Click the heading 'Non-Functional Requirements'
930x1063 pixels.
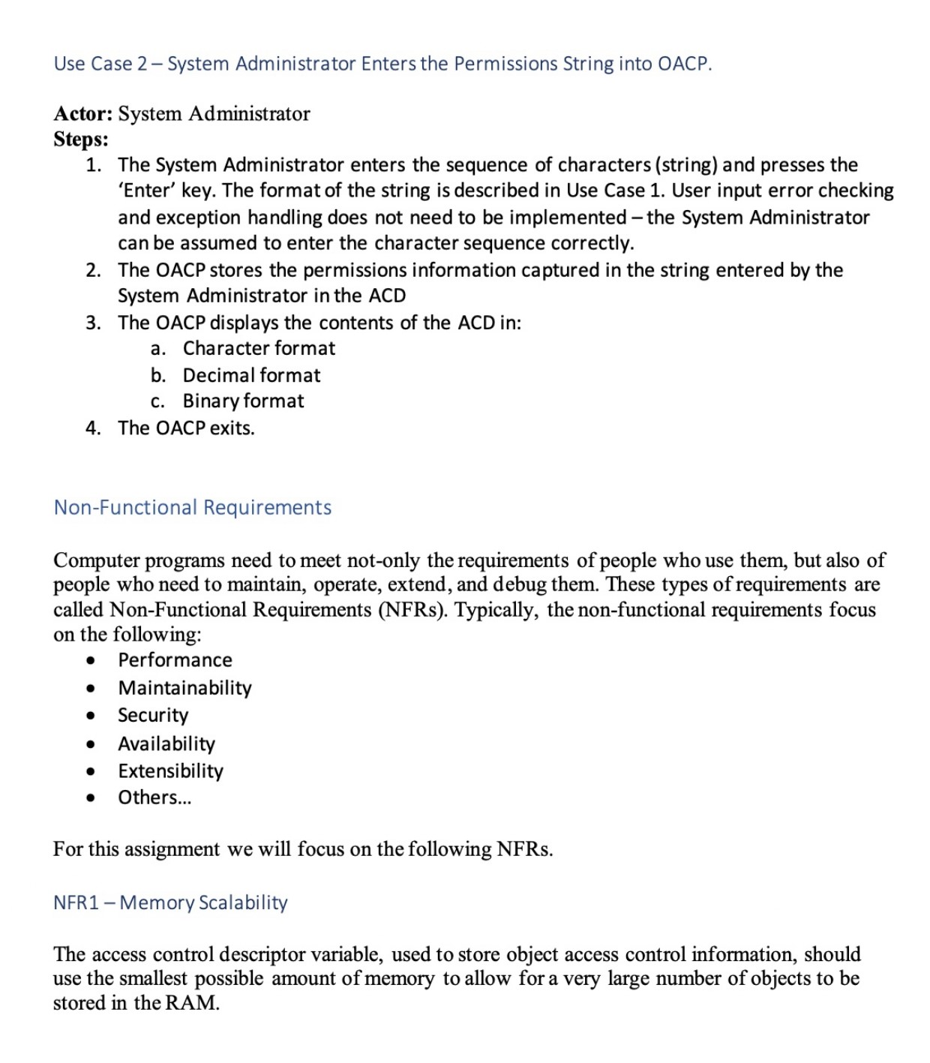point(192,508)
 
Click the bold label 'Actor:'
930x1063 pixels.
point(83,114)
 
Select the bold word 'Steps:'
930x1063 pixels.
point(81,140)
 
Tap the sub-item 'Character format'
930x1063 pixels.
point(259,349)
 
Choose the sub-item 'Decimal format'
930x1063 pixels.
point(251,375)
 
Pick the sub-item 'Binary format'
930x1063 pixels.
point(243,401)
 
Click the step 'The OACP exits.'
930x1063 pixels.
point(186,428)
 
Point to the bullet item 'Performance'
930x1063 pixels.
point(175,660)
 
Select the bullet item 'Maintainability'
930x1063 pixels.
point(184,688)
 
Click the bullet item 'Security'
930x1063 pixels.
point(153,716)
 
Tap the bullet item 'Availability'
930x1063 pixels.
point(166,743)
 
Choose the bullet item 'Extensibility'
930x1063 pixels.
point(170,771)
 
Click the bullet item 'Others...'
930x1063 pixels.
point(154,797)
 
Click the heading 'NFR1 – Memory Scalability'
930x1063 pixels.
point(170,902)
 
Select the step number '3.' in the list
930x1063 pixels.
point(93,323)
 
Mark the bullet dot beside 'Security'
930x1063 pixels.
point(91,716)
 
